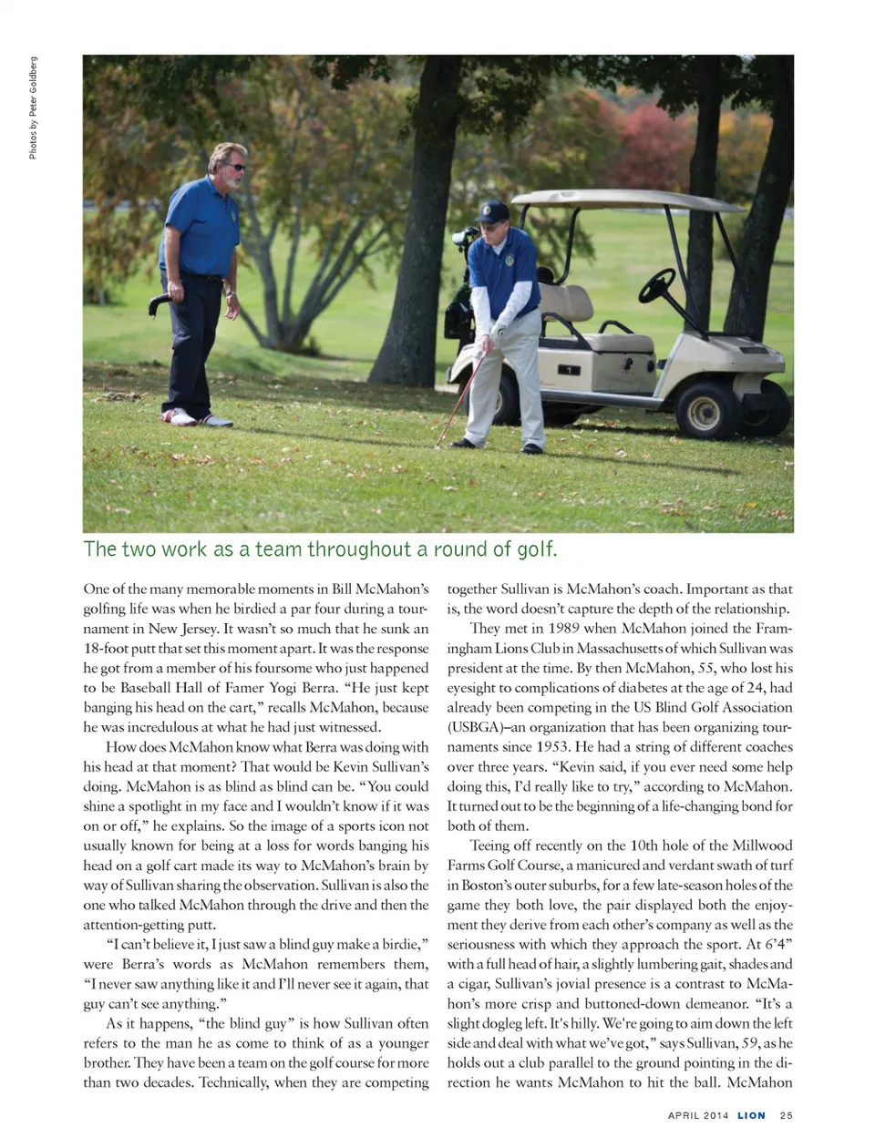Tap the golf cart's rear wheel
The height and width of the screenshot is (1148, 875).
click(708, 407)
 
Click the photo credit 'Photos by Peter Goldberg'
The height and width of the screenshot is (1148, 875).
click(33, 108)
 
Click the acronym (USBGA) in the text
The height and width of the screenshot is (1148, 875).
click(482, 728)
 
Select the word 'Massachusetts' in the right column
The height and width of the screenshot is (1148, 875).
click(602, 649)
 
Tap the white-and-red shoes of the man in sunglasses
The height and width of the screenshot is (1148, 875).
click(190, 418)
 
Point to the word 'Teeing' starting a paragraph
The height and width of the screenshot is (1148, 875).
click(490, 846)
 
